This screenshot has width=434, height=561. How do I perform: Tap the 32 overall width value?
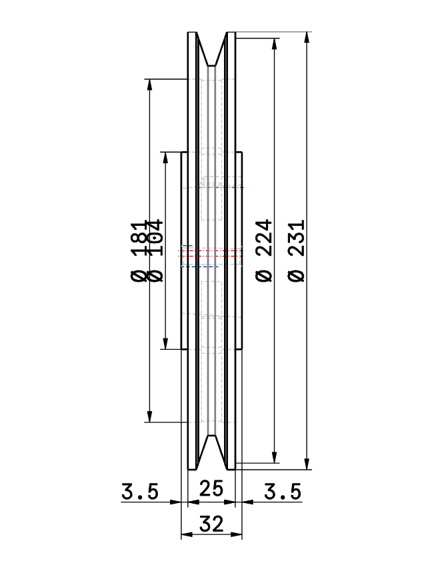click(211, 524)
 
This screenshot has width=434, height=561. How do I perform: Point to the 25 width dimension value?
click(211, 490)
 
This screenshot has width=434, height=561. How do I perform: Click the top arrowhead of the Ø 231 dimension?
click(307, 37)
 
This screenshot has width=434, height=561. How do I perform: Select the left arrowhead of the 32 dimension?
click(186, 535)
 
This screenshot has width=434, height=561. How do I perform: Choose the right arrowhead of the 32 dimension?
click(237, 535)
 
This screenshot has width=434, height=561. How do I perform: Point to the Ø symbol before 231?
click(297, 275)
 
